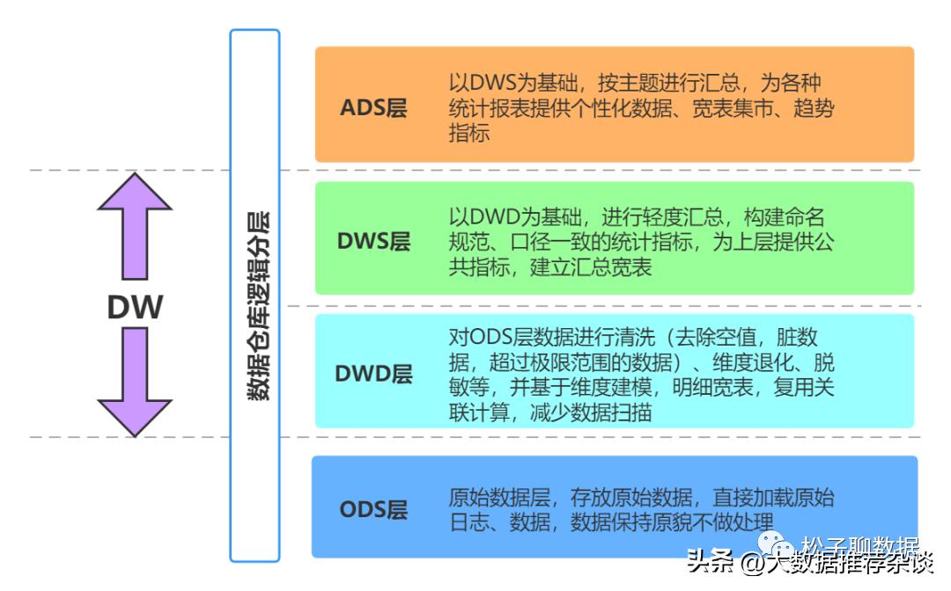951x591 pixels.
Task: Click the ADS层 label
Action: pyautogui.click(x=373, y=109)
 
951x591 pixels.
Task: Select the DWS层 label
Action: pyautogui.click(x=373, y=241)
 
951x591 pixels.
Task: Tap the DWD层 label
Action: pyautogui.click(x=373, y=373)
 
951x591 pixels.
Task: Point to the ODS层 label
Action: pyautogui.click(x=373, y=508)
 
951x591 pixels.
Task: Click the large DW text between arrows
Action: pyautogui.click(x=135, y=307)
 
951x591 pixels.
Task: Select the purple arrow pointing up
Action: pyautogui.click(x=135, y=226)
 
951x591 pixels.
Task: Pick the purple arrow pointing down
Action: pyautogui.click(x=135, y=382)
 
